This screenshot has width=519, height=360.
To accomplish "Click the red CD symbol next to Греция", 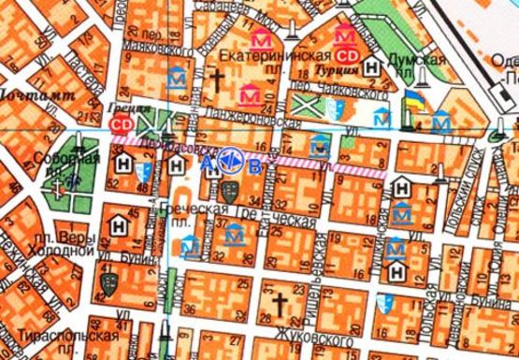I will click(120, 122).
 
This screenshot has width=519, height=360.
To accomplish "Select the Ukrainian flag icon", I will click(411, 99).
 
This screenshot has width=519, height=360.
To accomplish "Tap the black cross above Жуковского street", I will click(278, 303).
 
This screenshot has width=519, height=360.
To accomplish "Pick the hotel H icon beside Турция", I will click(373, 66).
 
